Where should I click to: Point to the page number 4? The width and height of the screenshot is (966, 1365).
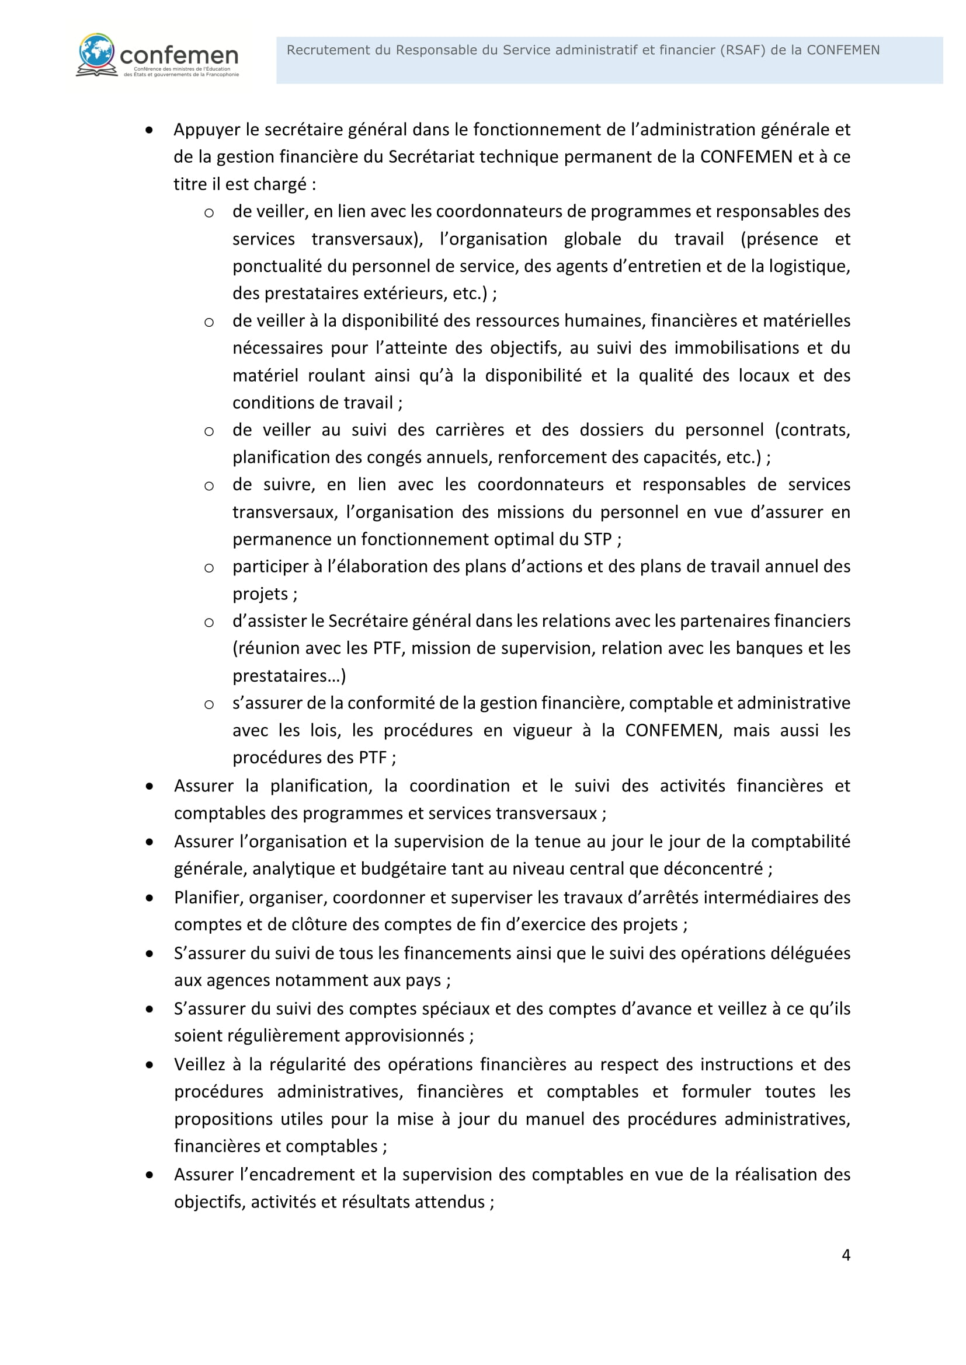click(846, 1255)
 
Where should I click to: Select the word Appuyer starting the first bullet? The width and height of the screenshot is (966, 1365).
click(208, 130)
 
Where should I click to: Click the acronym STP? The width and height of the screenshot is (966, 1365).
click(597, 539)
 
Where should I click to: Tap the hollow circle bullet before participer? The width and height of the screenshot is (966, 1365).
click(209, 568)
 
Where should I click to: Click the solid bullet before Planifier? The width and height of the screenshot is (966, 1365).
click(150, 898)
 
